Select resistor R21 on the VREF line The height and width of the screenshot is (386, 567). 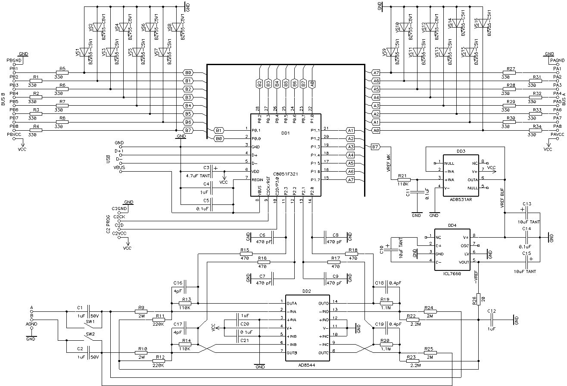click(x=403, y=179)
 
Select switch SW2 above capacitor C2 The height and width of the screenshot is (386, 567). click(x=90, y=339)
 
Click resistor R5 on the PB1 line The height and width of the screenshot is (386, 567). click(x=62, y=72)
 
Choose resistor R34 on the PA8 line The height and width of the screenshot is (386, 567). click(x=537, y=131)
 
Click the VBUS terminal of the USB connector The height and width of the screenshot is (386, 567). click(x=121, y=172)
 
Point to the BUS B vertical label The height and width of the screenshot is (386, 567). click(x=3, y=99)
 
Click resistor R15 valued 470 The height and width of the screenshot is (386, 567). click(x=245, y=254)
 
